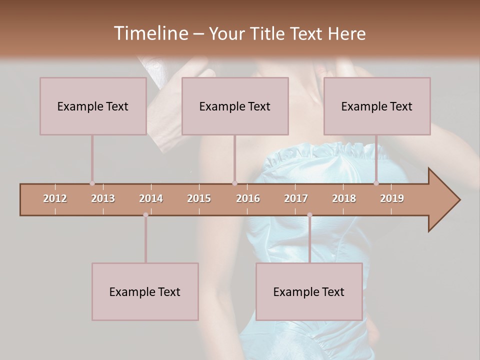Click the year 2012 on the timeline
pos(55,198)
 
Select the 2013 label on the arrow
pos(103,198)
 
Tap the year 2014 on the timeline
pos(151,198)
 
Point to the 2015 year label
pos(199,198)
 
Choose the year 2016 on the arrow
pos(248,198)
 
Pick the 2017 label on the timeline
pos(296,198)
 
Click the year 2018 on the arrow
pos(344,198)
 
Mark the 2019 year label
pos(392,198)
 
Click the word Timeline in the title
pos(150,33)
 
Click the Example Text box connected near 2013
pos(93,106)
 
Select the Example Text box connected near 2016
pos(235,106)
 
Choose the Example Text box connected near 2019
pos(377,106)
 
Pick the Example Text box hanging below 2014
pos(145,291)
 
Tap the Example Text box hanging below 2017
pos(309,291)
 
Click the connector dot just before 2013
pos(92,183)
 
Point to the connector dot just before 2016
pos(234,183)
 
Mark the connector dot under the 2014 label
pos(145,215)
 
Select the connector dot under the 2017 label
pos(309,215)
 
